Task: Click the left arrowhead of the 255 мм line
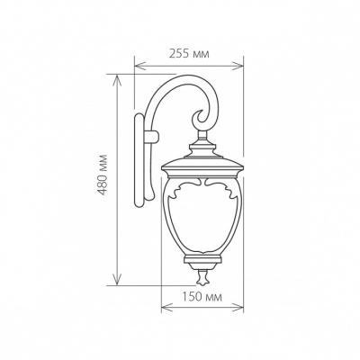coord(137,65)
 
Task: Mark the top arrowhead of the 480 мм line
coord(116,77)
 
